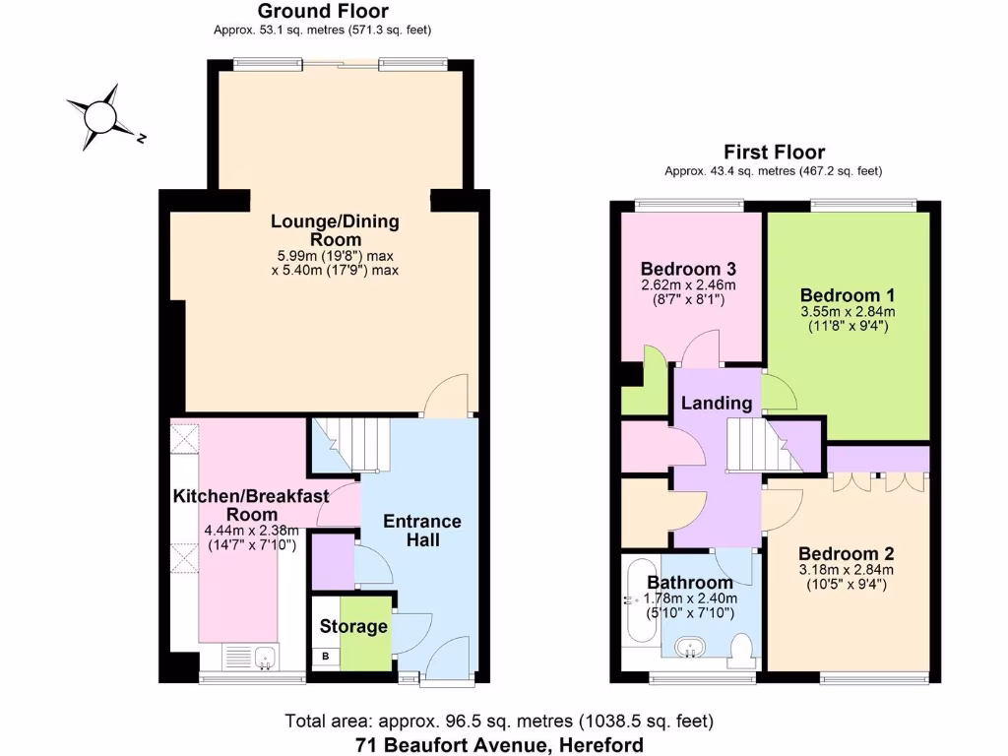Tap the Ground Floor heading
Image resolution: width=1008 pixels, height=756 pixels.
323,12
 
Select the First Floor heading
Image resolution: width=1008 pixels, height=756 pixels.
774,152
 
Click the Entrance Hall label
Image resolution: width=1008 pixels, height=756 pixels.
421,530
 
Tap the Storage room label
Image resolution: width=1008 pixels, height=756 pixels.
353,626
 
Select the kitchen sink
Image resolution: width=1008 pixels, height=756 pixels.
264,657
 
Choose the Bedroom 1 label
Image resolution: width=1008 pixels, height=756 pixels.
847,295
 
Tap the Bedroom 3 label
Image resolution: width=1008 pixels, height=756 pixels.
687,269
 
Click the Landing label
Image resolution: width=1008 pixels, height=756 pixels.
717,403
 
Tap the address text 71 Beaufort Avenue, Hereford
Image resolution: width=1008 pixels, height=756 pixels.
500,744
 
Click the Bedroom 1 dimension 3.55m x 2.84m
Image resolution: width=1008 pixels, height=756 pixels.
847,313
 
